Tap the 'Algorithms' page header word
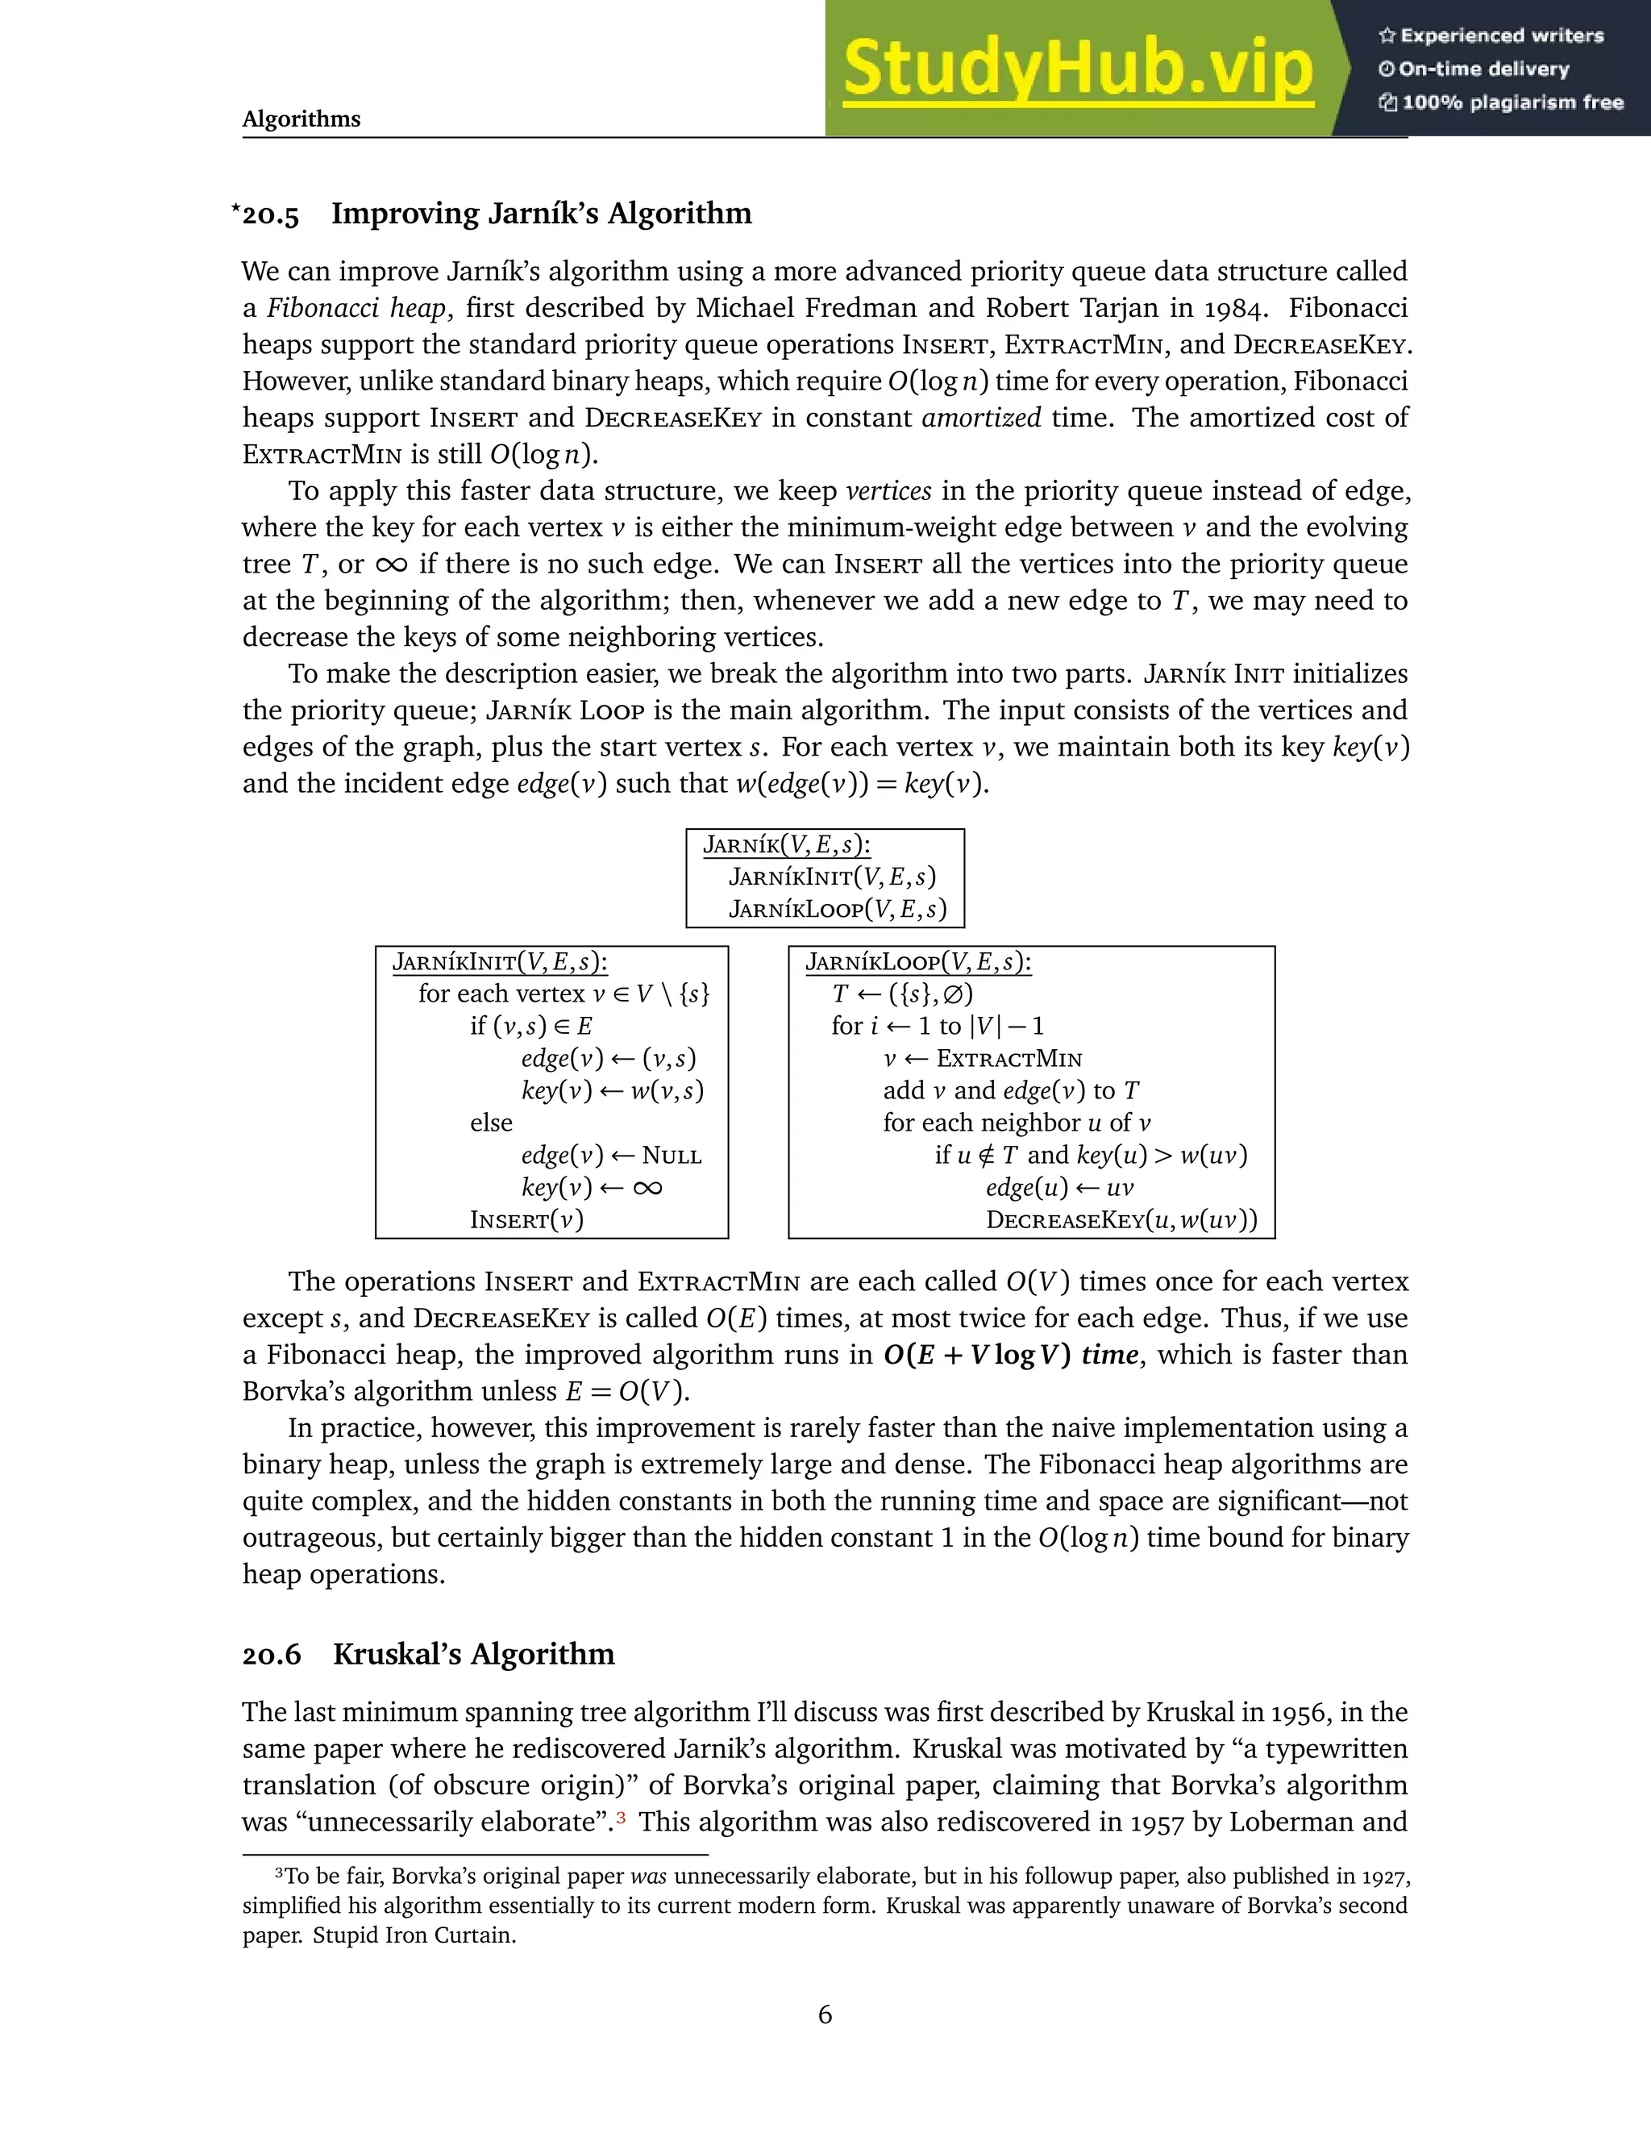pyautogui.click(x=302, y=119)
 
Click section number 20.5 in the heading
pyautogui.click(x=270, y=215)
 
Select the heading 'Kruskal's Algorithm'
pyautogui.click(x=473, y=1655)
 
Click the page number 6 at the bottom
pyautogui.click(x=825, y=2014)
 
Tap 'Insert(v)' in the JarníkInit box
pyautogui.click(x=526, y=1220)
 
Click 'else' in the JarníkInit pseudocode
pyautogui.click(x=491, y=1123)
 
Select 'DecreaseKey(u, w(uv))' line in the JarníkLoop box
pyautogui.click(x=1121, y=1220)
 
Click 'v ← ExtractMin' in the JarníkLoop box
pyautogui.click(x=982, y=1059)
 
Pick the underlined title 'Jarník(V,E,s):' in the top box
pyautogui.click(x=786, y=845)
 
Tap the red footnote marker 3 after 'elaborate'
pyautogui.click(x=620, y=1820)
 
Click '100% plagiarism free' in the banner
pyautogui.click(x=1512, y=102)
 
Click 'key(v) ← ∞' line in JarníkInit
pyautogui.click(x=592, y=1188)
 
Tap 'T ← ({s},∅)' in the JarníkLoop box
pyautogui.click(x=902, y=995)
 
